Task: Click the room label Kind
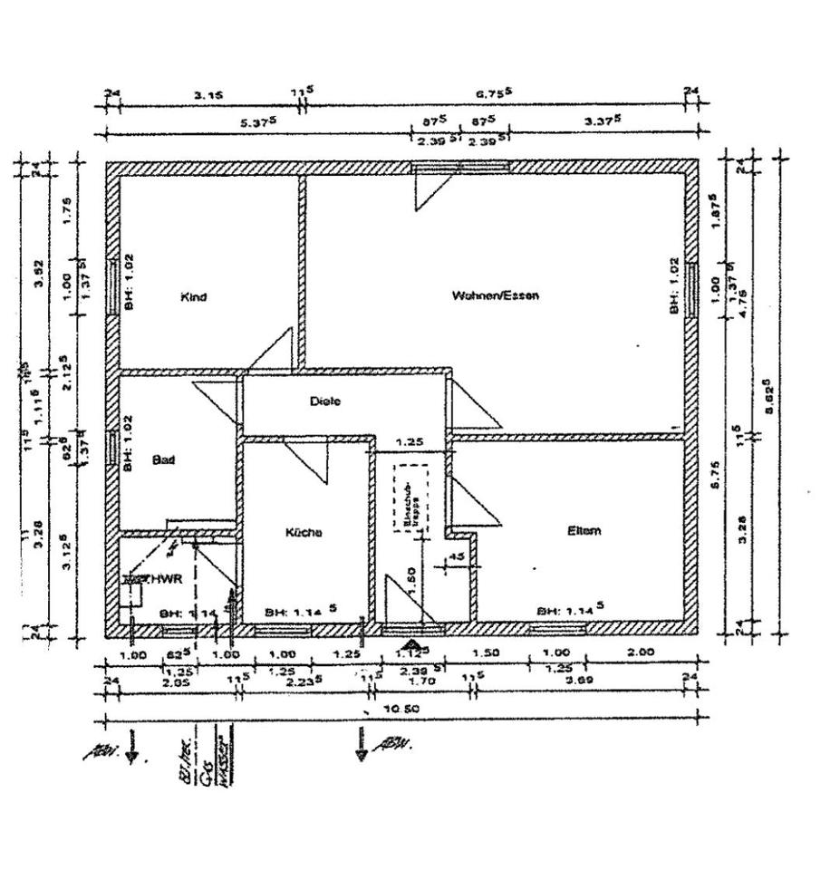(194, 297)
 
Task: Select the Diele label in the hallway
(324, 401)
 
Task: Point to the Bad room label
(163, 460)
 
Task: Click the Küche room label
(304, 533)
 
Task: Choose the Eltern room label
(584, 531)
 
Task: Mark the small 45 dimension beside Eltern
(457, 556)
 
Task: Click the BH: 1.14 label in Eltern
(570, 611)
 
